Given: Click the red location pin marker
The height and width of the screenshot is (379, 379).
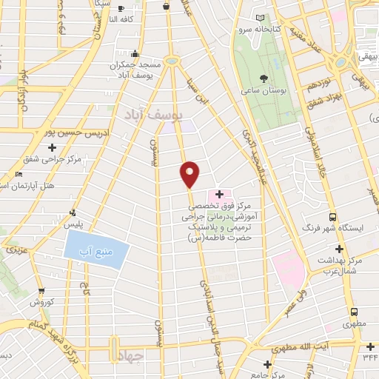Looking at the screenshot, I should (x=190, y=174).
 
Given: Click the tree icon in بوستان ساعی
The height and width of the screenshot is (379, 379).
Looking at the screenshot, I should (x=264, y=78).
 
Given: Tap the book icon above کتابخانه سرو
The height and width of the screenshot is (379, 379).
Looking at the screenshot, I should (x=260, y=19).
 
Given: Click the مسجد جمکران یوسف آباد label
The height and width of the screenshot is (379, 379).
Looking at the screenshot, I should (x=135, y=70).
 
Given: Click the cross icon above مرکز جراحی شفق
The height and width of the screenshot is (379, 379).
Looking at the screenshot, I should (x=50, y=147).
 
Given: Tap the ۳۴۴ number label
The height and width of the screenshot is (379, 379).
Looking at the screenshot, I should (x=371, y=358).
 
